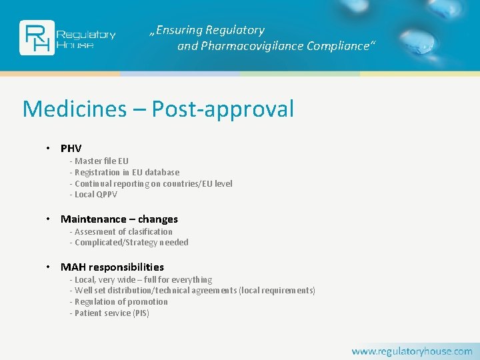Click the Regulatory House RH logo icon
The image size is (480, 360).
pyautogui.click(x=37, y=37)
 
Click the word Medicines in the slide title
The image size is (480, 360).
pyautogui.click(x=75, y=109)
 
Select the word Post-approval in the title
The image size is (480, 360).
pyautogui.click(x=223, y=109)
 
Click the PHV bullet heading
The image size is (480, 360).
pyautogui.click(x=71, y=148)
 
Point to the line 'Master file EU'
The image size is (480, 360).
pyautogui.click(x=101, y=161)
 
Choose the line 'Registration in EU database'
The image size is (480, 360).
pyautogui.click(x=127, y=172)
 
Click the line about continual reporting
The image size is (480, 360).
pyautogui.click(x=153, y=183)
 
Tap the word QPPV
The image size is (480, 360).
pyautogui.click(x=106, y=195)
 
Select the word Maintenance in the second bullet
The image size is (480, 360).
pyautogui.click(x=93, y=219)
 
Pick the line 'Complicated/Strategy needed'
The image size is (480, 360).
pyautogui.click(x=131, y=243)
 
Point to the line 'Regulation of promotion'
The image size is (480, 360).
pyautogui.click(x=121, y=302)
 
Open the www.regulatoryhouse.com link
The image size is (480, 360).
pyautogui.click(x=411, y=351)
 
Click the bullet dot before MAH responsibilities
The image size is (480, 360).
pyautogui.click(x=49, y=267)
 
